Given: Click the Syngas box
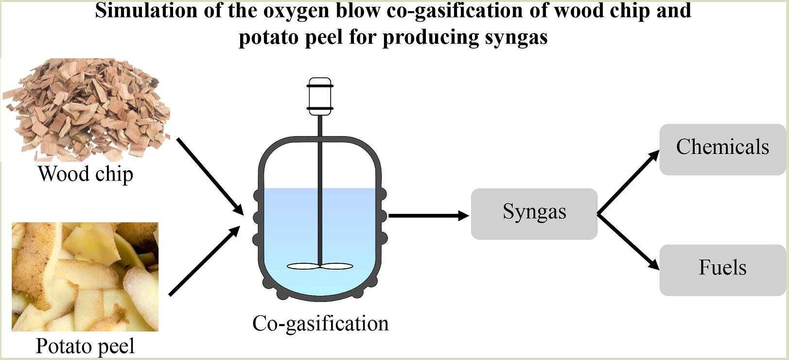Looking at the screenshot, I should pyautogui.click(x=534, y=214).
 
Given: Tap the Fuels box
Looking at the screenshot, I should pyautogui.click(x=722, y=270).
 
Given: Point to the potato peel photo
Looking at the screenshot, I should pyautogui.click(x=85, y=276).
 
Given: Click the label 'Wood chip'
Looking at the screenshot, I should pyautogui.click(x=86, y=174).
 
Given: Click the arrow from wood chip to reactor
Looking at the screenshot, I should pyautogui.click(x=210, y=175).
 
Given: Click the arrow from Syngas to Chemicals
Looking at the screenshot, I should pyautogui.click(x=628, y=183).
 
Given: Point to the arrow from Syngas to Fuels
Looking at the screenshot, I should pyautogui.click(x=628, y=242).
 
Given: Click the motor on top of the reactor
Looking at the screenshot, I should pyautogui.click(x=320, y=97).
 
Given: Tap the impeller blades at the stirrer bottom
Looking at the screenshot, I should pyautogui.click(x=320, y=266).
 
